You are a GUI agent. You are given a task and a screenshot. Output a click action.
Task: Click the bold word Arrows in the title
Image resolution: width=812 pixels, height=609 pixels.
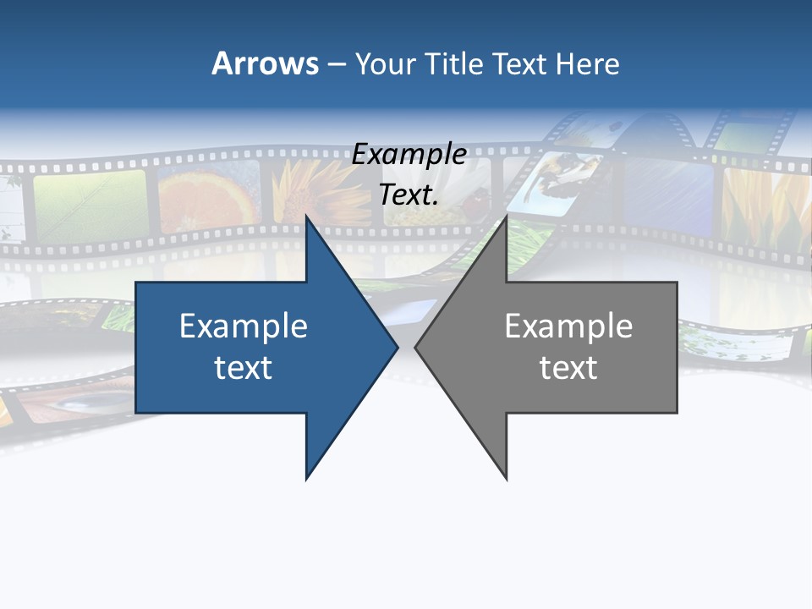(265, 63)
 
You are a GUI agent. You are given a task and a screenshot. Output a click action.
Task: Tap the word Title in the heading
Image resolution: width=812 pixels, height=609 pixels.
(453, 63)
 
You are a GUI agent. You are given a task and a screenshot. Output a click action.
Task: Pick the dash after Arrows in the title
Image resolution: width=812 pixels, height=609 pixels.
(336, 64)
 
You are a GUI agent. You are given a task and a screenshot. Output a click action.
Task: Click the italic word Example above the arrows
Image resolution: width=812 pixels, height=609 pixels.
(409, 155)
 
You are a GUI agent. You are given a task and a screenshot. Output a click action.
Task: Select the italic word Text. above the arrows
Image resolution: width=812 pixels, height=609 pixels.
(409, 195)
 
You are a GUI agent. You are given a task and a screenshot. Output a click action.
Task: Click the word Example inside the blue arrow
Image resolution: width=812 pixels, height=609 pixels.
(244, 326)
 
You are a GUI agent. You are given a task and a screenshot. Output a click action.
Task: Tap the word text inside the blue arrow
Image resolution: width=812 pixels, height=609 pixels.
(244, 367)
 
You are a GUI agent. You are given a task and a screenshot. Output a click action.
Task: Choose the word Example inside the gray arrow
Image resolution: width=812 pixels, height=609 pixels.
(568, 326)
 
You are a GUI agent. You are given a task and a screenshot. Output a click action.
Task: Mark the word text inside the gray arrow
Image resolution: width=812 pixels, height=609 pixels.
(568, 367)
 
